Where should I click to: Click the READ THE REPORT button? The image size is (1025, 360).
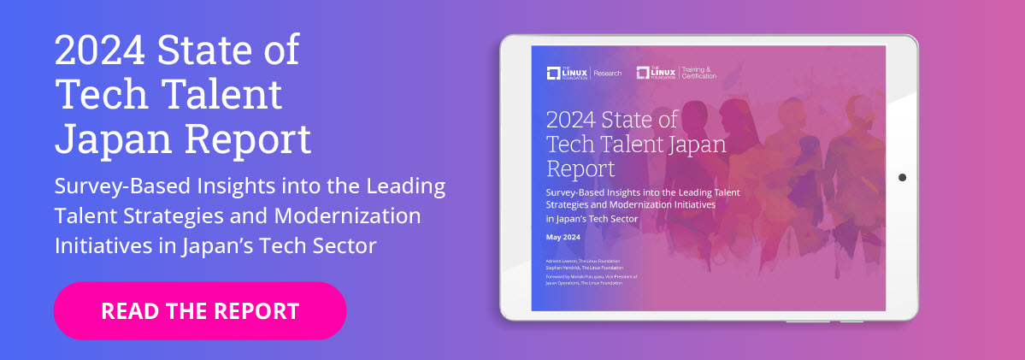[200, 310]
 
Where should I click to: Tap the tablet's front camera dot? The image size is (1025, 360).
[902, 177]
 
